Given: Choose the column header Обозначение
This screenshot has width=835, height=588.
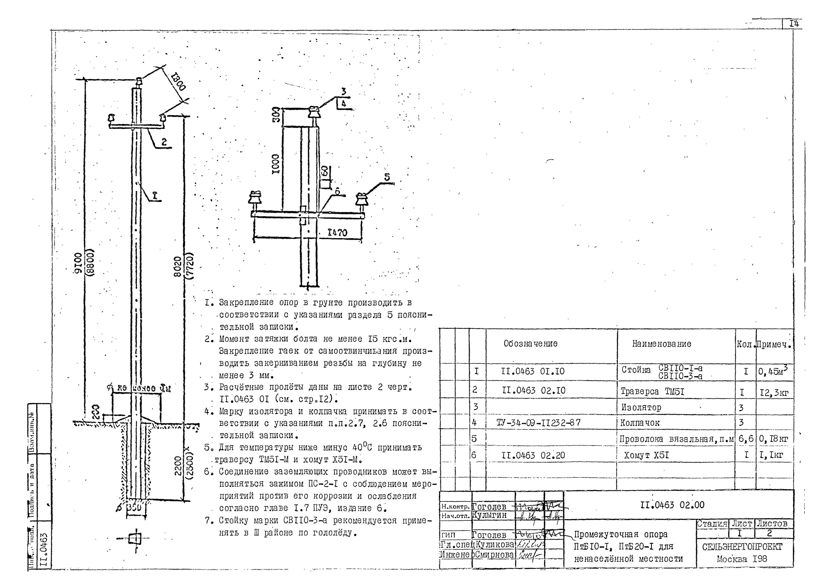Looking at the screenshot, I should pyautogui.click(x=530, y=344).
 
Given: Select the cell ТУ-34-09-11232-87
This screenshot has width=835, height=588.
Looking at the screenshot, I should pyautogui.click(x=538, y=423).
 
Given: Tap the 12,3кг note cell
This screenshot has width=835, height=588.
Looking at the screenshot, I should pyautogui.click(x=774, y=392).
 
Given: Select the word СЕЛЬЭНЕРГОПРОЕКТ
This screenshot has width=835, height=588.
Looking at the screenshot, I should pyautogui.click(x=742, y=547).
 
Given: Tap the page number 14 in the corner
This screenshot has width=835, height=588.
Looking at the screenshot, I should pyautogui.click(x=794, y=24).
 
